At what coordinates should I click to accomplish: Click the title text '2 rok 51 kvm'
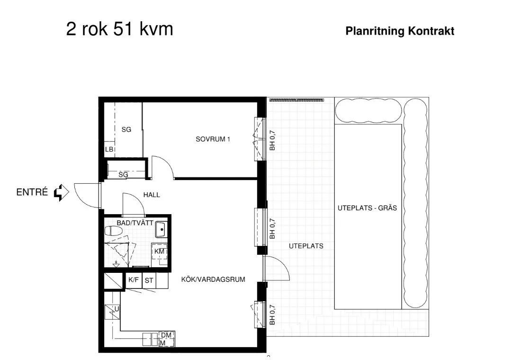tap(119, 29)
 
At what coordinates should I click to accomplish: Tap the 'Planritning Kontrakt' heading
tap(400, 31)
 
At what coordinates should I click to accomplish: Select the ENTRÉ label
tap(32, 192)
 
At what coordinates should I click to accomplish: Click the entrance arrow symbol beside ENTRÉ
tap(61, 192)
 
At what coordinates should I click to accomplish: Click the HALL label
tap(152, 195)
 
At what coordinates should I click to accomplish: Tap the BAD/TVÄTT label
tap(135, 222)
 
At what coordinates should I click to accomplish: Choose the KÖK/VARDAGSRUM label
tap(213, 279)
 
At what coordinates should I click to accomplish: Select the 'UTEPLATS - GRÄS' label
tap(367, 208)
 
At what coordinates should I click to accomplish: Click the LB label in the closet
tap(109, 150)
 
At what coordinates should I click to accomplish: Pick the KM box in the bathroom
tap(159, 251)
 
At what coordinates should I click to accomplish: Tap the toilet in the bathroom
tap(113, 231)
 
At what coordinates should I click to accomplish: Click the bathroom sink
tap(161, 230)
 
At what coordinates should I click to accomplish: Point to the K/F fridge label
tap(134, 280)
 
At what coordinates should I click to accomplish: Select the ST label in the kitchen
tap(149, 280)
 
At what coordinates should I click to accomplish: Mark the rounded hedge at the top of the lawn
tap(368, 110)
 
